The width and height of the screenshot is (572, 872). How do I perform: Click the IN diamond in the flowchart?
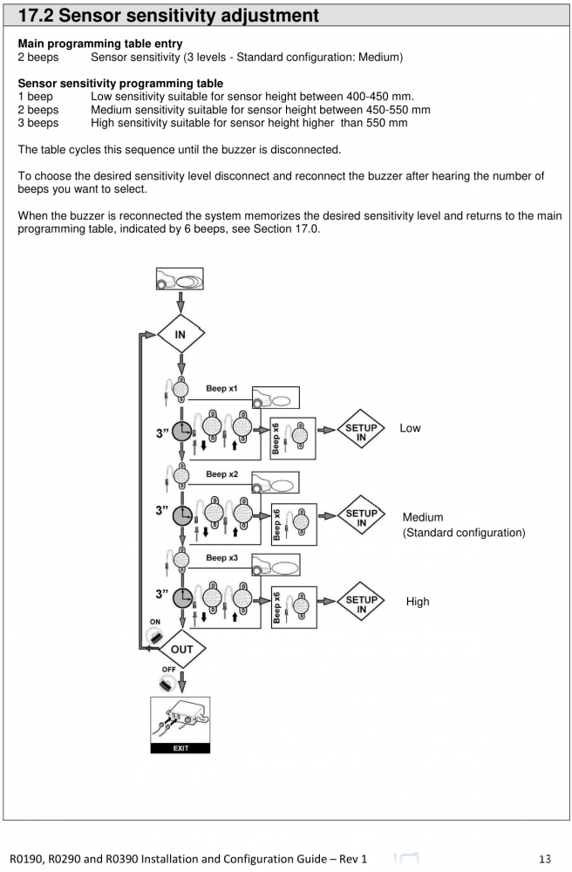(180, 334)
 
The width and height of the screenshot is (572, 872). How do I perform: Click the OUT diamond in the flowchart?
(181, 650)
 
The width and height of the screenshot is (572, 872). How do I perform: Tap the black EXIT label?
(181, 746)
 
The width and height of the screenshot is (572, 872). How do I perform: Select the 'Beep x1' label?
(221, 387)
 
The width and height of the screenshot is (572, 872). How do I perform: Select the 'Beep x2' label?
(221, 474)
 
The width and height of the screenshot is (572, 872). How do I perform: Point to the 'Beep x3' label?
(221, 557)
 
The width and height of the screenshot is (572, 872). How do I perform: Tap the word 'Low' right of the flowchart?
(410, 428)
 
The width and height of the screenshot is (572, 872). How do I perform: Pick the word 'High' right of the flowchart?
(418, 602)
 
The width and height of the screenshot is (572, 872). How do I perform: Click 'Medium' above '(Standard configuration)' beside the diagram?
(423, 517)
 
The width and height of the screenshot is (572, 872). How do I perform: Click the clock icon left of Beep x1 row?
(182, 432)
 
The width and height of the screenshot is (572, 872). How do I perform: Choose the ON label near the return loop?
(153, 622)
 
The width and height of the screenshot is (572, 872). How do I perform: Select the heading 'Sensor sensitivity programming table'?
(120, 84)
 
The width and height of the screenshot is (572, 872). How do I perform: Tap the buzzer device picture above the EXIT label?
(181, 716)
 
